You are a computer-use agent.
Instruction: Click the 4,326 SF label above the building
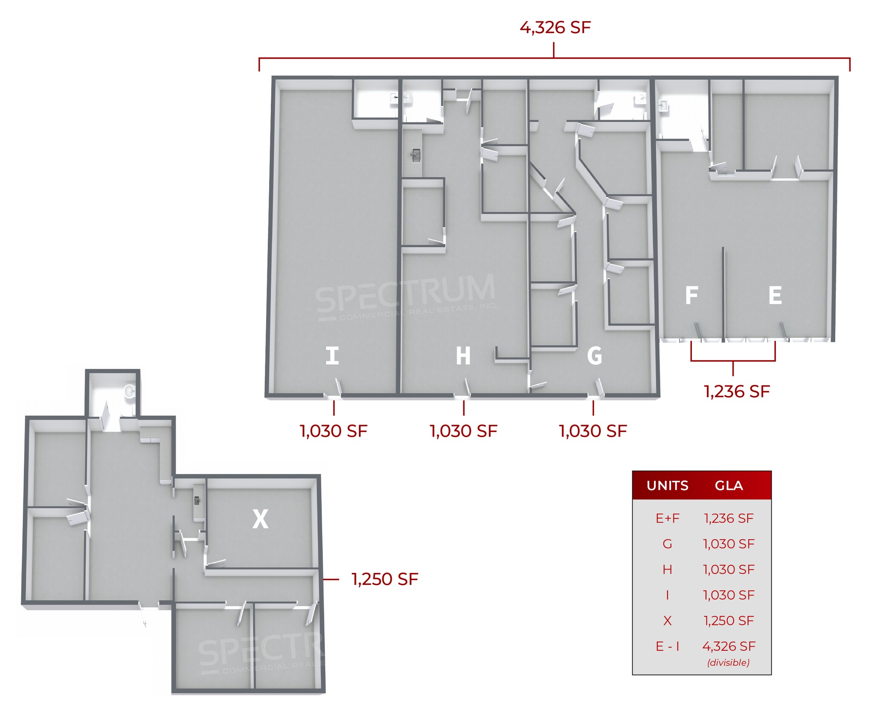pos(555,28)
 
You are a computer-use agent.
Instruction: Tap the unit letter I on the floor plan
pos(332,356)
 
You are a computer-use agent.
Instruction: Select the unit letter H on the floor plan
pos(463,356)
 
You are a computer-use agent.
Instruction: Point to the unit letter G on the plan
pos(594,356)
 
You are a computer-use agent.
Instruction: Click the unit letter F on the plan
pos(691,295)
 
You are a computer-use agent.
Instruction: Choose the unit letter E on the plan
pos(775,295)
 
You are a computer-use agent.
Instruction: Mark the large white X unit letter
pos(260,519)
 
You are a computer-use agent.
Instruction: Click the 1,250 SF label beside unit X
pos(384,579)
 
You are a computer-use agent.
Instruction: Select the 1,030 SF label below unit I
pos(333,431)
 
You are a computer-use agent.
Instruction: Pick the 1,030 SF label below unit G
pos(593,431)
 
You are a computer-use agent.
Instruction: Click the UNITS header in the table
pos(667,486)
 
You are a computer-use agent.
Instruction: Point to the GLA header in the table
pos(729,486)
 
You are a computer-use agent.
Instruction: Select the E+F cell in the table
pos(667,518)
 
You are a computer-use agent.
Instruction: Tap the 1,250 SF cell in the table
pos(729,621)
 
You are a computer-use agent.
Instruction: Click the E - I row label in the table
pos(667,646)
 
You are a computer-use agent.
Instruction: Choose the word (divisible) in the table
pos(729,662)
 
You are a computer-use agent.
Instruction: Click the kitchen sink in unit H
pos(416,155)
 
